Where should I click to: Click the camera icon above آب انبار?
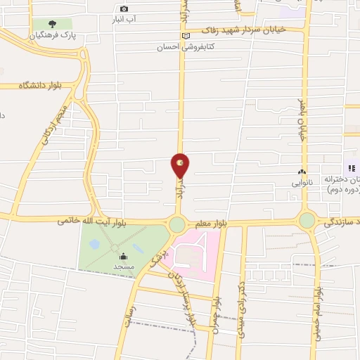pos(124,8)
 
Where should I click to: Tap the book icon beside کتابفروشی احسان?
pos(186,36)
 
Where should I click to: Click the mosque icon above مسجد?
pos(124,257)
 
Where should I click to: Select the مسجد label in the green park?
pos(124,267)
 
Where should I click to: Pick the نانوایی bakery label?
pos(302,182)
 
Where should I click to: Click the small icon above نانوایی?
pos(302,172)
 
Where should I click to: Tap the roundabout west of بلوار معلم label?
pos(176,224)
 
